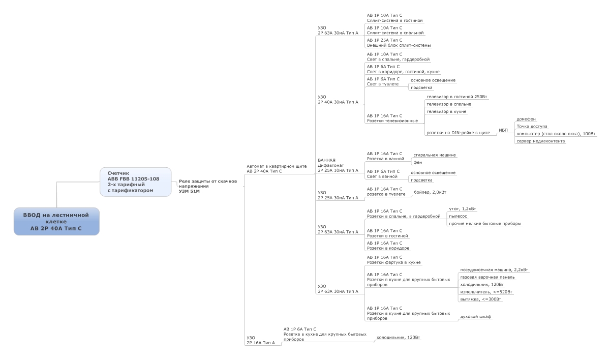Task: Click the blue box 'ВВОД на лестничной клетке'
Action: click(56, 222)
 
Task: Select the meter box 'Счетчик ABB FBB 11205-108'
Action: click(135, 182)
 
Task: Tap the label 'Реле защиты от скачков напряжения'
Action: click(207, 186)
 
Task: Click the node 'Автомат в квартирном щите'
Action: click(277, 169)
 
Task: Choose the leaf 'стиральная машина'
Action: click(434, 155)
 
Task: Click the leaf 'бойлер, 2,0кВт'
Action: click(430, 192)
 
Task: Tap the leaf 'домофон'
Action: click(526, 119)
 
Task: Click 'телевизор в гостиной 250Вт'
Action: click(457, 97)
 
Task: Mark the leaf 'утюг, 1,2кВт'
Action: click(463, 209)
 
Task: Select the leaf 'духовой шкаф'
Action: click(475, 317)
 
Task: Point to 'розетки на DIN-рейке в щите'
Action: click(458, 133)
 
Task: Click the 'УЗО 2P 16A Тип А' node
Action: click(261, 340)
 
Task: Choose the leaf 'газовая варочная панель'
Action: click(487, 277)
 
